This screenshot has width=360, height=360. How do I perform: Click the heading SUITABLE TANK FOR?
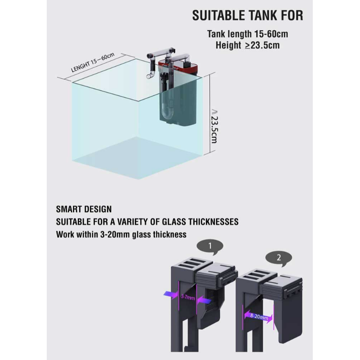(248, 16)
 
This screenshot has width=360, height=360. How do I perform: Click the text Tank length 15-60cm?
(248, 34)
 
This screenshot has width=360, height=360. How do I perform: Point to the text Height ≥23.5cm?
(248, 45)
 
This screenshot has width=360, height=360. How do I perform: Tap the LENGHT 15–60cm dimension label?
(93, 62)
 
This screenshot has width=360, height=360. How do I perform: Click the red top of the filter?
(178, 66)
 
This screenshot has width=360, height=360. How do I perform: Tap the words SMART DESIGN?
(84, 209)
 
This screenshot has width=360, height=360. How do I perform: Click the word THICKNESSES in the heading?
(213, 222)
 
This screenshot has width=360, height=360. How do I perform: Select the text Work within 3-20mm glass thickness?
(121, 235)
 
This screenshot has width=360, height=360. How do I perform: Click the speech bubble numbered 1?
(210, 247)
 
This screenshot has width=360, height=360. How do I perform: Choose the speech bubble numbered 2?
(279, 258)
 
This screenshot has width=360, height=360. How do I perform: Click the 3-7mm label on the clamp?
(188, 297)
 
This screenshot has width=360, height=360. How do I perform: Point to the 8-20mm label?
(259, 316)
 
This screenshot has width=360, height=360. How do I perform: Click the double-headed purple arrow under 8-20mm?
(258, 317)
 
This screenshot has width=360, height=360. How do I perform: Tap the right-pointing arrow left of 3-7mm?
(171, 294)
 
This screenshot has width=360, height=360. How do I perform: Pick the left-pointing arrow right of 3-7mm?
(204, 300)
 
